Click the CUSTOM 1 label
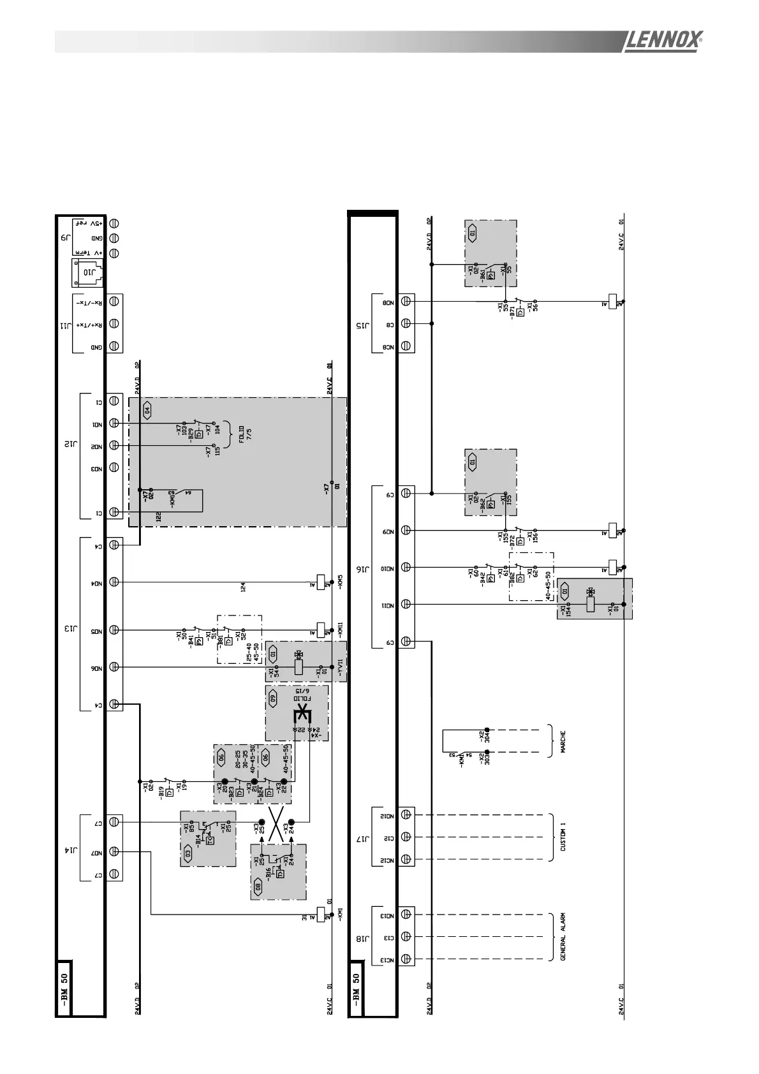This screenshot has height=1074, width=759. pos(563,837)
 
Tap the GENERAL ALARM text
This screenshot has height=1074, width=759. pos(563,936)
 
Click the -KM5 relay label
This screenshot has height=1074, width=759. pos(341,582)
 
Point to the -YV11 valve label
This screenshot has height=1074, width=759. pos(341,667)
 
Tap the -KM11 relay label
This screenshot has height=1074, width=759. pos(341,630)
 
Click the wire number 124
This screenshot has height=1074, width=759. pos(243,587)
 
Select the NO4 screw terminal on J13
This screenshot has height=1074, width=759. pos(115,582)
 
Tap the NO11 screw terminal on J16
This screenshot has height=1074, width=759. pos(406,604)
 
